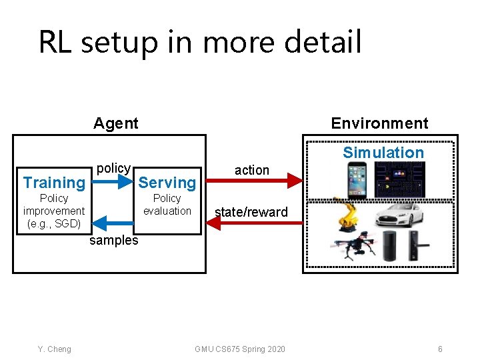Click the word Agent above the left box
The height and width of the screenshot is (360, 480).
click(116, 123)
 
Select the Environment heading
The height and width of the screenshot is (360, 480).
click(379, 123)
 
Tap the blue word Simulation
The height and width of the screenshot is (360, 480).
click(383, 153)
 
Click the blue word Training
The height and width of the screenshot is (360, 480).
click(54, 183)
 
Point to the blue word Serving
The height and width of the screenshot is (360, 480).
click(167, 183)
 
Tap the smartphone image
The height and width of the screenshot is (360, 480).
click(356, 179)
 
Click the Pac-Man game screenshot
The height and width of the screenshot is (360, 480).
click(400, 180)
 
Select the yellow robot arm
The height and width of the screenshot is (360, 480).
click(346, 215)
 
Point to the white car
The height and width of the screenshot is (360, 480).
click(399, 215)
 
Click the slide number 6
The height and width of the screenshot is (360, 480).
click(440, 349)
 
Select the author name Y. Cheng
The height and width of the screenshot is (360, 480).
click(55, 349)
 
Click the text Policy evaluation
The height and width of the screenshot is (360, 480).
click(167, 205)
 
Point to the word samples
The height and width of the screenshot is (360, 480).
click(114, 241)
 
